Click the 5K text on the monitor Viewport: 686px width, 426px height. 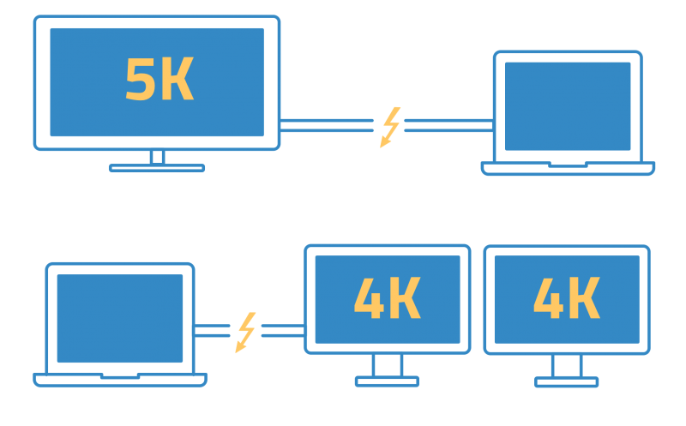159,81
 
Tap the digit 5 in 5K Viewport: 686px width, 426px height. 139,81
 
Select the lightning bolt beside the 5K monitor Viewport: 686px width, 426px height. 390,127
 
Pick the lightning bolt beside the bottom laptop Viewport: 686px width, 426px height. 246,333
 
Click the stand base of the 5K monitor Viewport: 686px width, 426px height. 157,168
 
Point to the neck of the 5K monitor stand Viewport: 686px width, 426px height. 157,157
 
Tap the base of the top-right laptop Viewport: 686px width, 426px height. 568,168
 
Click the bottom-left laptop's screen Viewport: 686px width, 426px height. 120,318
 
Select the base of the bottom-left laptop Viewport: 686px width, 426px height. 120,379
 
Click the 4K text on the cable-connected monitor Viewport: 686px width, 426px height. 387,298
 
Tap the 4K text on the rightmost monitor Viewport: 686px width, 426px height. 566,298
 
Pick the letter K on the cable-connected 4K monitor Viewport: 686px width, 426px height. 406,298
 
